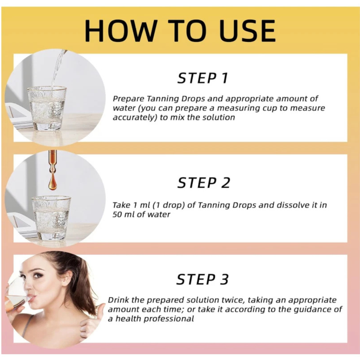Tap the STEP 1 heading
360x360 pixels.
pos(203,78)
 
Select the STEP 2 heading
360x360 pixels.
pos(203,183)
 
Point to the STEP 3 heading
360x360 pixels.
pos(202,280)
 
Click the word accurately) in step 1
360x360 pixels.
pos(135,117)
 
